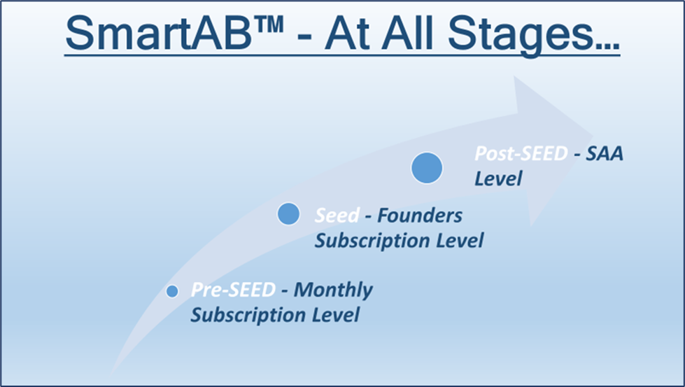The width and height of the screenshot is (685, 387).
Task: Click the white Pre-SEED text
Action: coord(233,290)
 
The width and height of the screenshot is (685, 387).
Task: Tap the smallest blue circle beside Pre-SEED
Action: coord(172,291)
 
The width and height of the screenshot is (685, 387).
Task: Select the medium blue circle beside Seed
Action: coord(288,214)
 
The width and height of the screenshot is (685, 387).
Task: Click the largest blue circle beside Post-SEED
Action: coord(427,168)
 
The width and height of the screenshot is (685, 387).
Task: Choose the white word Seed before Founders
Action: coord(337,216)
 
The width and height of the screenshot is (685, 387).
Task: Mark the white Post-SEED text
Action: coord(521,153)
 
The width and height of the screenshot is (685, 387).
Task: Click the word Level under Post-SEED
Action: coord(498,178)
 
